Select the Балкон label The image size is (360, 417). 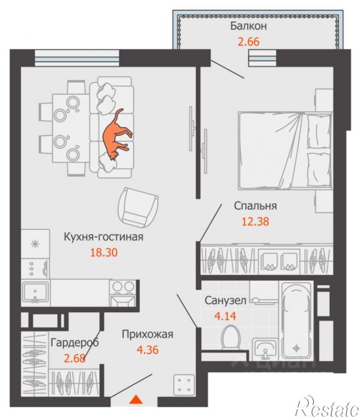point(248,26)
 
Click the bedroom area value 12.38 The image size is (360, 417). point(255,222)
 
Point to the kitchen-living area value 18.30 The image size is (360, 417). point(104,252)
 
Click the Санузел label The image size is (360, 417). point(225,301)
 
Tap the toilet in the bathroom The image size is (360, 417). point(230,337)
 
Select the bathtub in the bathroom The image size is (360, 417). point(296,321)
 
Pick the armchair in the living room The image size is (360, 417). point(138,207)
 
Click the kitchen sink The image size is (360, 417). point(35,292)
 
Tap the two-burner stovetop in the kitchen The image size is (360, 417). point(123,287)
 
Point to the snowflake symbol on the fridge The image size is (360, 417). point(35,244)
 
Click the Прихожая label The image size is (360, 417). point(147,334)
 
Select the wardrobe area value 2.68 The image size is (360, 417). point(74,358)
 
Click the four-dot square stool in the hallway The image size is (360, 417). point(184,385)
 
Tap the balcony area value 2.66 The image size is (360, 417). point(249,42)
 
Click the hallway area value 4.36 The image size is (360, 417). point(147,350)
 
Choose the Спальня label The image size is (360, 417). point(255,206)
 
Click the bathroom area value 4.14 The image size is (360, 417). point(225,316)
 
